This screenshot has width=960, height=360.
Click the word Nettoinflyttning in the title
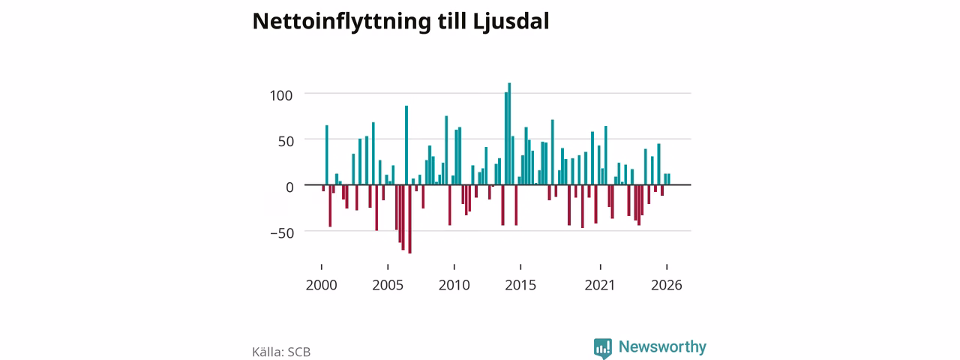coord(341,22)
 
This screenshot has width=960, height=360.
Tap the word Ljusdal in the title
coord(511,22)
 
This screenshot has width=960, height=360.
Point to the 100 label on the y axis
coord(281,95)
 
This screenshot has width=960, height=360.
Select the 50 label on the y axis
coord(286,142)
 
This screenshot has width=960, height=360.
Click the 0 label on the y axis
coord(290,187)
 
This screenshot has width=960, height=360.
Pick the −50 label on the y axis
coord(282,233)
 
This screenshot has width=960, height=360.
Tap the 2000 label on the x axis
coord(322,285)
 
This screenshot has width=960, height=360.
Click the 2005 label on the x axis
coord(388,285)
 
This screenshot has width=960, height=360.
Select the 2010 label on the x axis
coord(454,285)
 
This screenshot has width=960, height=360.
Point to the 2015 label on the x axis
coord(520,285)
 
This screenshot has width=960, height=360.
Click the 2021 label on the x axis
coord(600,285)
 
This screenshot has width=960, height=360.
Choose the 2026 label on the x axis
coord(667,285)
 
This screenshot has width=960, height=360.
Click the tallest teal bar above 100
coord(509,133)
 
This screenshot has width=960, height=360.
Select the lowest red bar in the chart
coord(409,219)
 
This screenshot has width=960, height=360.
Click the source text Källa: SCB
coord(281,352)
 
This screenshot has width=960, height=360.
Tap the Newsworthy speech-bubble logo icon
coord(602,348)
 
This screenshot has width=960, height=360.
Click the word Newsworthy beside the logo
coord(662,346)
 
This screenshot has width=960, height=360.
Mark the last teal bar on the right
coord(668,179)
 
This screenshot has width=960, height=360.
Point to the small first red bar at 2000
coord(323,187)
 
